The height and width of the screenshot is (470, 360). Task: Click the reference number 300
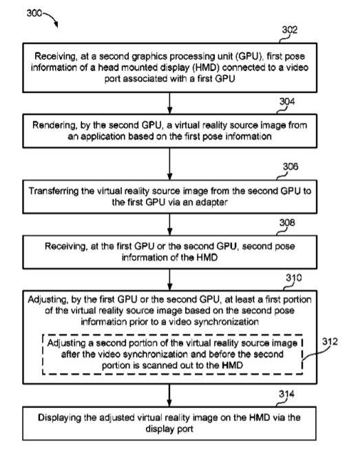tap(34, 13)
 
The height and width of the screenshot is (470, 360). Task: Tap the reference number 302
tap(290, 30)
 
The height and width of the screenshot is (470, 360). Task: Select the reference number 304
tap(287, 102)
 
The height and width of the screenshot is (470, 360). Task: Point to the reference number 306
tap(290, 167)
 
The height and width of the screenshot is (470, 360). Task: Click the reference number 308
tap(287, 222)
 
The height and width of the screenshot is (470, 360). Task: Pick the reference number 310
tap(294, 278)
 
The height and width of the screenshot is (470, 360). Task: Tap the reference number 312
tap(330, 341)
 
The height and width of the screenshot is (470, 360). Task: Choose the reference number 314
tap(286, 394)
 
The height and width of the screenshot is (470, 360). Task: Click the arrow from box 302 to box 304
tap(169, 103)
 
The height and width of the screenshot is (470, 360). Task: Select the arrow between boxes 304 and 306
tap(169, 164)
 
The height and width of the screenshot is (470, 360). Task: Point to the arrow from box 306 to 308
tap(169, 224)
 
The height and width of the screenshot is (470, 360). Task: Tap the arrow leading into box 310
tap(169, 279)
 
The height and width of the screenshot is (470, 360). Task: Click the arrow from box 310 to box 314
tap(169, 396)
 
